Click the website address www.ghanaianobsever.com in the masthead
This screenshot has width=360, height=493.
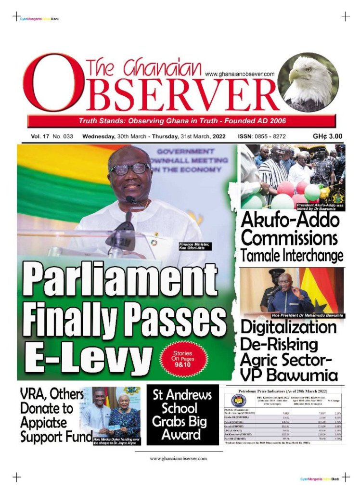[240, 74]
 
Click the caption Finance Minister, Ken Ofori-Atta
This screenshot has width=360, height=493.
[195, 246]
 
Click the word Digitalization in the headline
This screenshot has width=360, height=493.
[289, 328]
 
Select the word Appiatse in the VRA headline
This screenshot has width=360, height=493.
[42, 423]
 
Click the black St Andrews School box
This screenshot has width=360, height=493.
[182, 415]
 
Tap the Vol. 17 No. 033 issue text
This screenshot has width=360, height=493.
[52, 136]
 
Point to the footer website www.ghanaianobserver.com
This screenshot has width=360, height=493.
[179, 458]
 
